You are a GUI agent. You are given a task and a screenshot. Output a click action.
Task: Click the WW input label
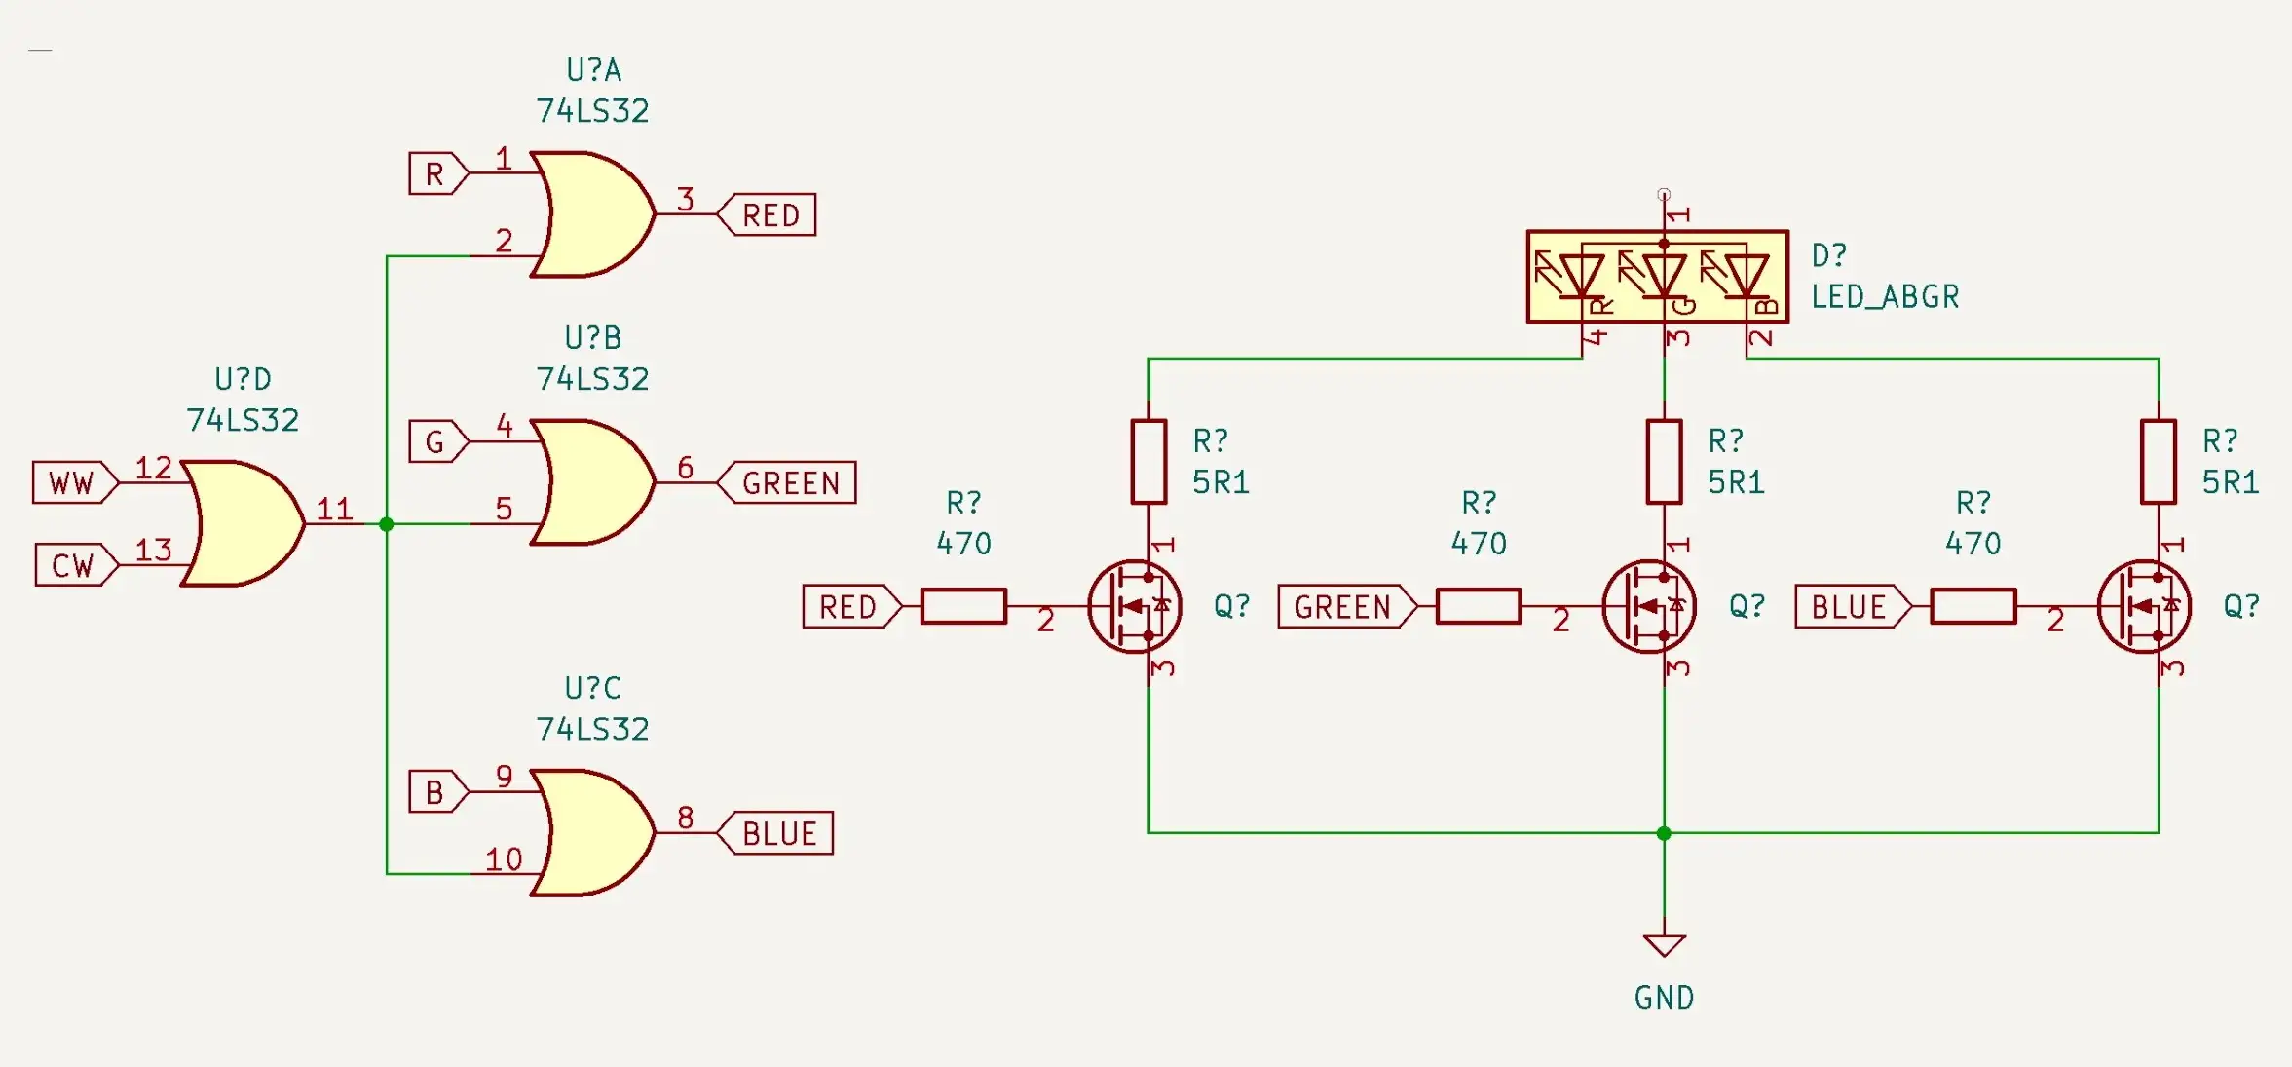click(72, 483)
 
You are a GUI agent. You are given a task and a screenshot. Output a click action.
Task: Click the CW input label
click(73, 565)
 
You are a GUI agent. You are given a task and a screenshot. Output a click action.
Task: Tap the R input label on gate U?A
click(435, 173)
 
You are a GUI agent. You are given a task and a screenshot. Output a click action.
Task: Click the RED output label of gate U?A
click(770, 215)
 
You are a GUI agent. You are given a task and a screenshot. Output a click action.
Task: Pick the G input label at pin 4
click(435, 442)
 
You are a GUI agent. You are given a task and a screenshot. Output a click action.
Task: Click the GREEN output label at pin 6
click(790, 483)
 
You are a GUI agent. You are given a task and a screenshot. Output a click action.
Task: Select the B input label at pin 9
click(435, 792)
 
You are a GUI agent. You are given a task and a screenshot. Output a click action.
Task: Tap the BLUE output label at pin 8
click(778, 834)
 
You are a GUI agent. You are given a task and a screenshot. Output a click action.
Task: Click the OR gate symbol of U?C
click(590, 833)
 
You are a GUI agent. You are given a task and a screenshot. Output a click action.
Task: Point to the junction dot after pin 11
click(387, 524)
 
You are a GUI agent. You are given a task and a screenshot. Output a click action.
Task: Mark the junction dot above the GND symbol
click(1664, 833)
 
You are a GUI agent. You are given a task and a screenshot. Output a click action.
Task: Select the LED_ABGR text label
click(1884, 297)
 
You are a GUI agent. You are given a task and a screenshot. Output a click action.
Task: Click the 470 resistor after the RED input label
click(963, 606)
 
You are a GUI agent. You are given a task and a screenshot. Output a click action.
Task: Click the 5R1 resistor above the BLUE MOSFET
click(2159, 462)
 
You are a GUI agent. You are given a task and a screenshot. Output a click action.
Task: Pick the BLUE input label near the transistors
click(1849, 607)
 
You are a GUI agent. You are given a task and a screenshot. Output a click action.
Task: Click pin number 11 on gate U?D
click(334, 509)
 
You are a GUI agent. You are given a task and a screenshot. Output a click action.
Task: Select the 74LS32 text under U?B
click(592, 379)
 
